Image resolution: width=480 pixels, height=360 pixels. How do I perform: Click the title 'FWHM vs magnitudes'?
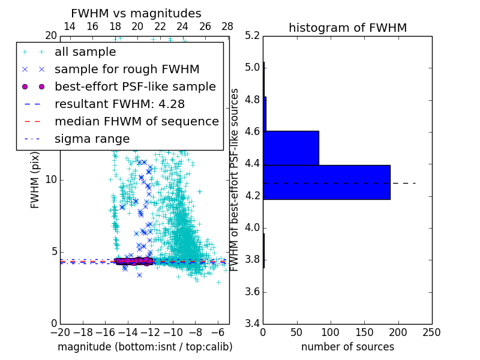pos(136,13)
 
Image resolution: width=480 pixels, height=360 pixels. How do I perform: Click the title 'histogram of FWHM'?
pos(347,28)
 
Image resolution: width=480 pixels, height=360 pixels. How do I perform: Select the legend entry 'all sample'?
pos(85,52)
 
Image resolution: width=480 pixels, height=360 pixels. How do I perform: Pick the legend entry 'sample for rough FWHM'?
pos(127,69)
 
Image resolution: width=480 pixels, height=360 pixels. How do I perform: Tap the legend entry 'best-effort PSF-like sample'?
pos(135,86)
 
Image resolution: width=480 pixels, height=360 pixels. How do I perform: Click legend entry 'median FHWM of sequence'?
pos(136,121)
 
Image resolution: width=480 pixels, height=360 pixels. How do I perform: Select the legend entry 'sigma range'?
pos(92,139)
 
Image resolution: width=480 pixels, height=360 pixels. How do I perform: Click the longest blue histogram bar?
pos(326,182)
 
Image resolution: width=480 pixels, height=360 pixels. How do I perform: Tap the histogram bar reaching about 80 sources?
pos(291,148)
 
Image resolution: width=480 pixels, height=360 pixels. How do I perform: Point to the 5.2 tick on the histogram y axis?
pos(253,35)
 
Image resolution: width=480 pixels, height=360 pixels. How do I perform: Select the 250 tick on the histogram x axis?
pos(431,332)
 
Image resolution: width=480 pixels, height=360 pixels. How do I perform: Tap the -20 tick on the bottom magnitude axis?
pos(60,332)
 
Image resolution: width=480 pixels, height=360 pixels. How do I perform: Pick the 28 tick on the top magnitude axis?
pos(227,26)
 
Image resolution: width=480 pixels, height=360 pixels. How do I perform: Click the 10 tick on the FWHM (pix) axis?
pos(51,180)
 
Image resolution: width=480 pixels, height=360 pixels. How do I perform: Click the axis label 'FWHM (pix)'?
pos(35,180)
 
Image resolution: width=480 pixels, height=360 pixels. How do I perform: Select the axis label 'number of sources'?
pos(347,347)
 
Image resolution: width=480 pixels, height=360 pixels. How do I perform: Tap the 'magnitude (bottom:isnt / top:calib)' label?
pos(145,347)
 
